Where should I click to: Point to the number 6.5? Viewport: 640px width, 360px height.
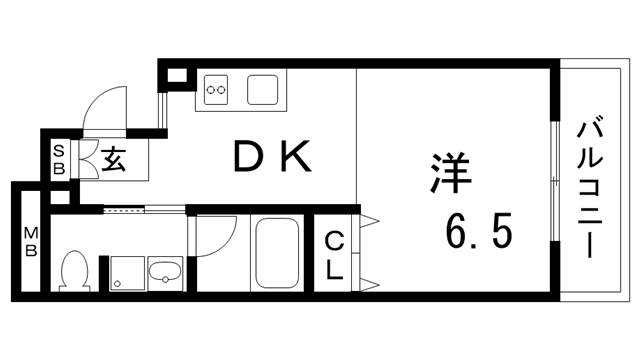tap(479, 233)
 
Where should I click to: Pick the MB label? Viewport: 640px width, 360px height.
tap(30, 241)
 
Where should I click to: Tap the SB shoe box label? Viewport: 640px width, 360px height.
tap(60, 161)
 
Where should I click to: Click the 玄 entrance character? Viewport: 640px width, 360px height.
tap(113, 160)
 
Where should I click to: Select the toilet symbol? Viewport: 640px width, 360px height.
tap(74, 269)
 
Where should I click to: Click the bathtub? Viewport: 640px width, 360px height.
tap(278, 252)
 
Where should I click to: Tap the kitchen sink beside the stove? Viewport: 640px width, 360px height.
tap(265, 92)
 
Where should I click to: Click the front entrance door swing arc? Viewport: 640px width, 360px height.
tap(103, 108)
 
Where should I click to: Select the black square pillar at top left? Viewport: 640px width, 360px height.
tap(176, 75)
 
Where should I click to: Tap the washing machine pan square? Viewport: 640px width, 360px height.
tap(126, 271)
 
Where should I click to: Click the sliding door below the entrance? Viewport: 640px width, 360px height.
tap(144, 211)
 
